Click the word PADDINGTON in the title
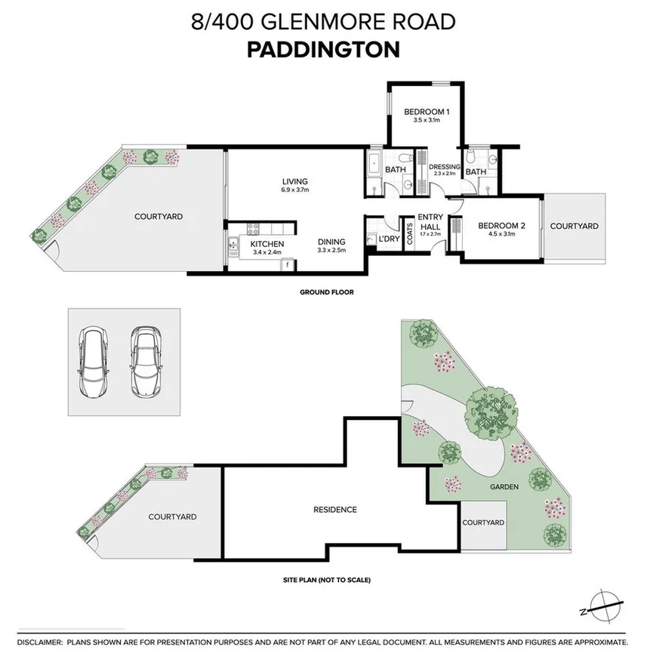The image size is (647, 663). pyautogui.click(x=323, y=49)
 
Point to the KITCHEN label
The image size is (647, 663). pyautogui.click(x=267, y=244)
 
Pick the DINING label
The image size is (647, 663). pyautogui.click(x=331, y=242)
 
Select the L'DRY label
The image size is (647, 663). pyautogui.click(x=389, y=239)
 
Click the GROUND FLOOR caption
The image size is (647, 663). pyautogui.click(x=326, y=291)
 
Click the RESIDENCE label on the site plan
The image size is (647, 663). pyautogui.click(x=334, y=510)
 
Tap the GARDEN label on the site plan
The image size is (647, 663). pyautogui.click(x=503, y=487)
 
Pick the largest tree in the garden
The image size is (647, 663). pyautogui.click(x=491, y=412)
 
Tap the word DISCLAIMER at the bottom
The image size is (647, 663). pyautogui.click(x=39, y=642)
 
